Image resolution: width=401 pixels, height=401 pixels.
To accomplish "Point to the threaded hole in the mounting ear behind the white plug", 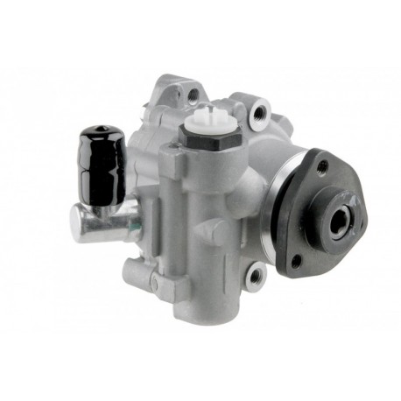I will coord(192,93).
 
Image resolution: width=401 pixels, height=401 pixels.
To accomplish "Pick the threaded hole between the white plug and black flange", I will coord(259,111).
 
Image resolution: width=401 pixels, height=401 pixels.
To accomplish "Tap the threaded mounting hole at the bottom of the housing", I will coord(254,278).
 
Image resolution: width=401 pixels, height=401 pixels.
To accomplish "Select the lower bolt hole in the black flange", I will coord(298,259).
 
